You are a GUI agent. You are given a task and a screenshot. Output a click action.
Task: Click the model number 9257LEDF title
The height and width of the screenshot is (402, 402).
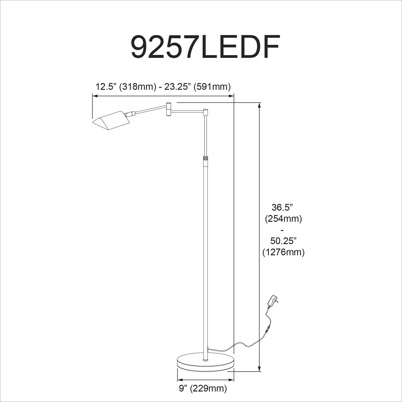tap(205, 47)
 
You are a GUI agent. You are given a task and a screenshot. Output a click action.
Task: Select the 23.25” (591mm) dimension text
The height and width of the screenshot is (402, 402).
tap(198, 87)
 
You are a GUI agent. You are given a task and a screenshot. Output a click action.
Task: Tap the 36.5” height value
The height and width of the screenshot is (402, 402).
tap(282, 207)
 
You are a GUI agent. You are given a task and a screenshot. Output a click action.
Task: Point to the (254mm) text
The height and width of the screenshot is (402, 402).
tap(284, 219)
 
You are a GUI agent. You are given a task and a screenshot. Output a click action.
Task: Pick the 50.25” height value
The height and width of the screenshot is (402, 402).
tap(283, 241)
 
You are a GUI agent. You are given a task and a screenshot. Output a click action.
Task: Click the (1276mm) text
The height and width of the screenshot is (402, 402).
tap(284, 252)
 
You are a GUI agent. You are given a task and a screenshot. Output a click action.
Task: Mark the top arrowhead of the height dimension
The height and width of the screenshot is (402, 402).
tap(259, 105)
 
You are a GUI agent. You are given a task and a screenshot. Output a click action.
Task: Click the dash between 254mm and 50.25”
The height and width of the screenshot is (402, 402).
tap(283, 230)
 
